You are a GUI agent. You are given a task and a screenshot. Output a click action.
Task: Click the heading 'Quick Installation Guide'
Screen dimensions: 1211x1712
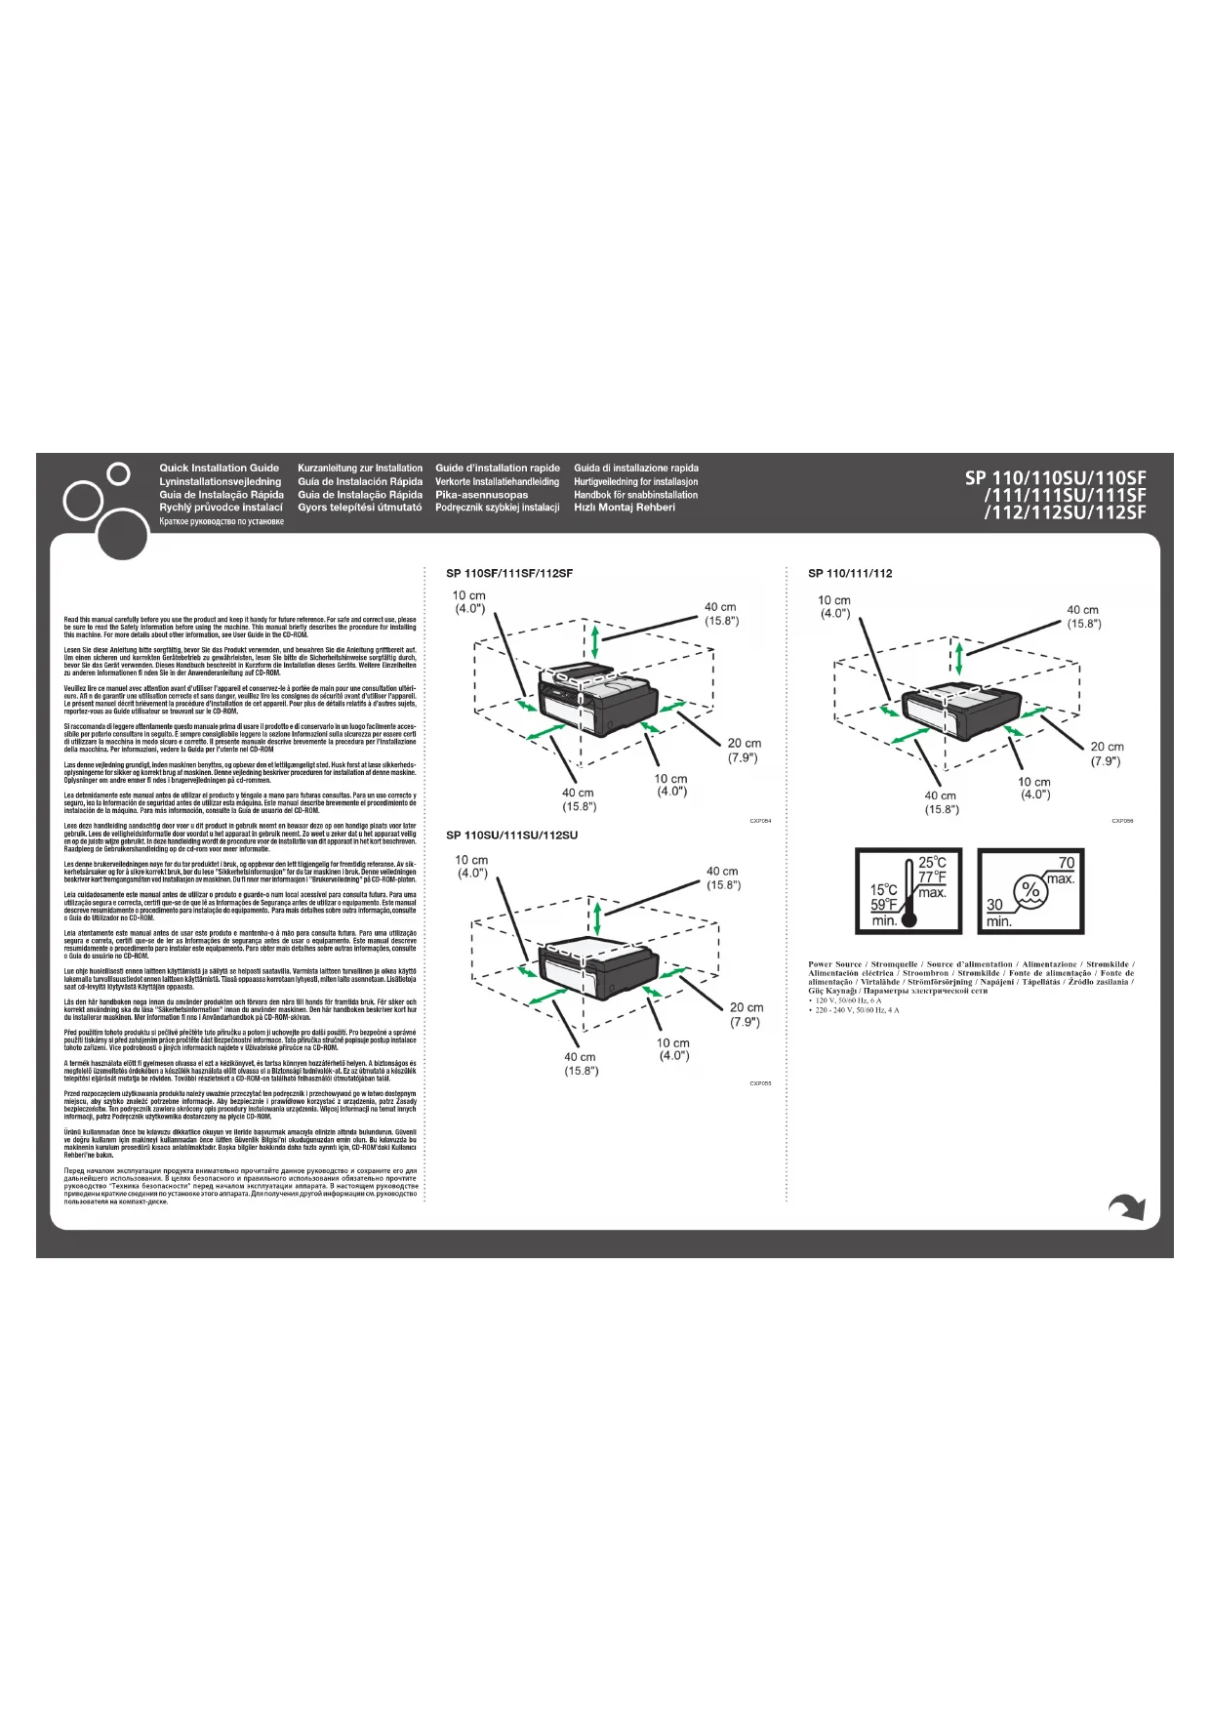point(219,469)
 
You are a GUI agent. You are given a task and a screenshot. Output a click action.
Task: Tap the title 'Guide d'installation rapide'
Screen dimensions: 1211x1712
point(498,469)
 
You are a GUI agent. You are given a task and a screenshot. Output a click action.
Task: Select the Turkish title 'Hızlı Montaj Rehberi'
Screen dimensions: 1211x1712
point(625,508)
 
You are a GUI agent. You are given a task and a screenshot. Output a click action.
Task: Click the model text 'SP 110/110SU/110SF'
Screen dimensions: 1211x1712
point(1056,478)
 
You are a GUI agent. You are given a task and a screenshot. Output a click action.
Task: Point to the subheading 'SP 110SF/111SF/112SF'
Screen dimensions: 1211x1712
point(509,574)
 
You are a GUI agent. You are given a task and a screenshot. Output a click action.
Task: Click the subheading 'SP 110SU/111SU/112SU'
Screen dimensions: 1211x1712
point(511,836)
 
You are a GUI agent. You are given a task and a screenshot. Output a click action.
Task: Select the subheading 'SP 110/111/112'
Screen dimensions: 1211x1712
point(850,574)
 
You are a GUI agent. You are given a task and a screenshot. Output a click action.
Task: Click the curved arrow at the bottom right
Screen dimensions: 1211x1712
point(1127,1207)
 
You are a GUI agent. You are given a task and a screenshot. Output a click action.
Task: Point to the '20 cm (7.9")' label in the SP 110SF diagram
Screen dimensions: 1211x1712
point(744,751)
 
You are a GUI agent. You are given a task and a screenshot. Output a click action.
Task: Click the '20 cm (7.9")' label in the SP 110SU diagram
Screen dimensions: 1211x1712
point(747,1014)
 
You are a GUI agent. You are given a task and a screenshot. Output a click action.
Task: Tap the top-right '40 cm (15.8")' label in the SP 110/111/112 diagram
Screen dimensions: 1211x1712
point(1083,617)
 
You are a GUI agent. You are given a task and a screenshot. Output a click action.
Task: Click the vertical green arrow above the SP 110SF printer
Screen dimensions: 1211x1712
point(596,644)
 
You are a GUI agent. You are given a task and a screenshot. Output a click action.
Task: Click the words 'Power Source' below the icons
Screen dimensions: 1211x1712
point(834,964)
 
